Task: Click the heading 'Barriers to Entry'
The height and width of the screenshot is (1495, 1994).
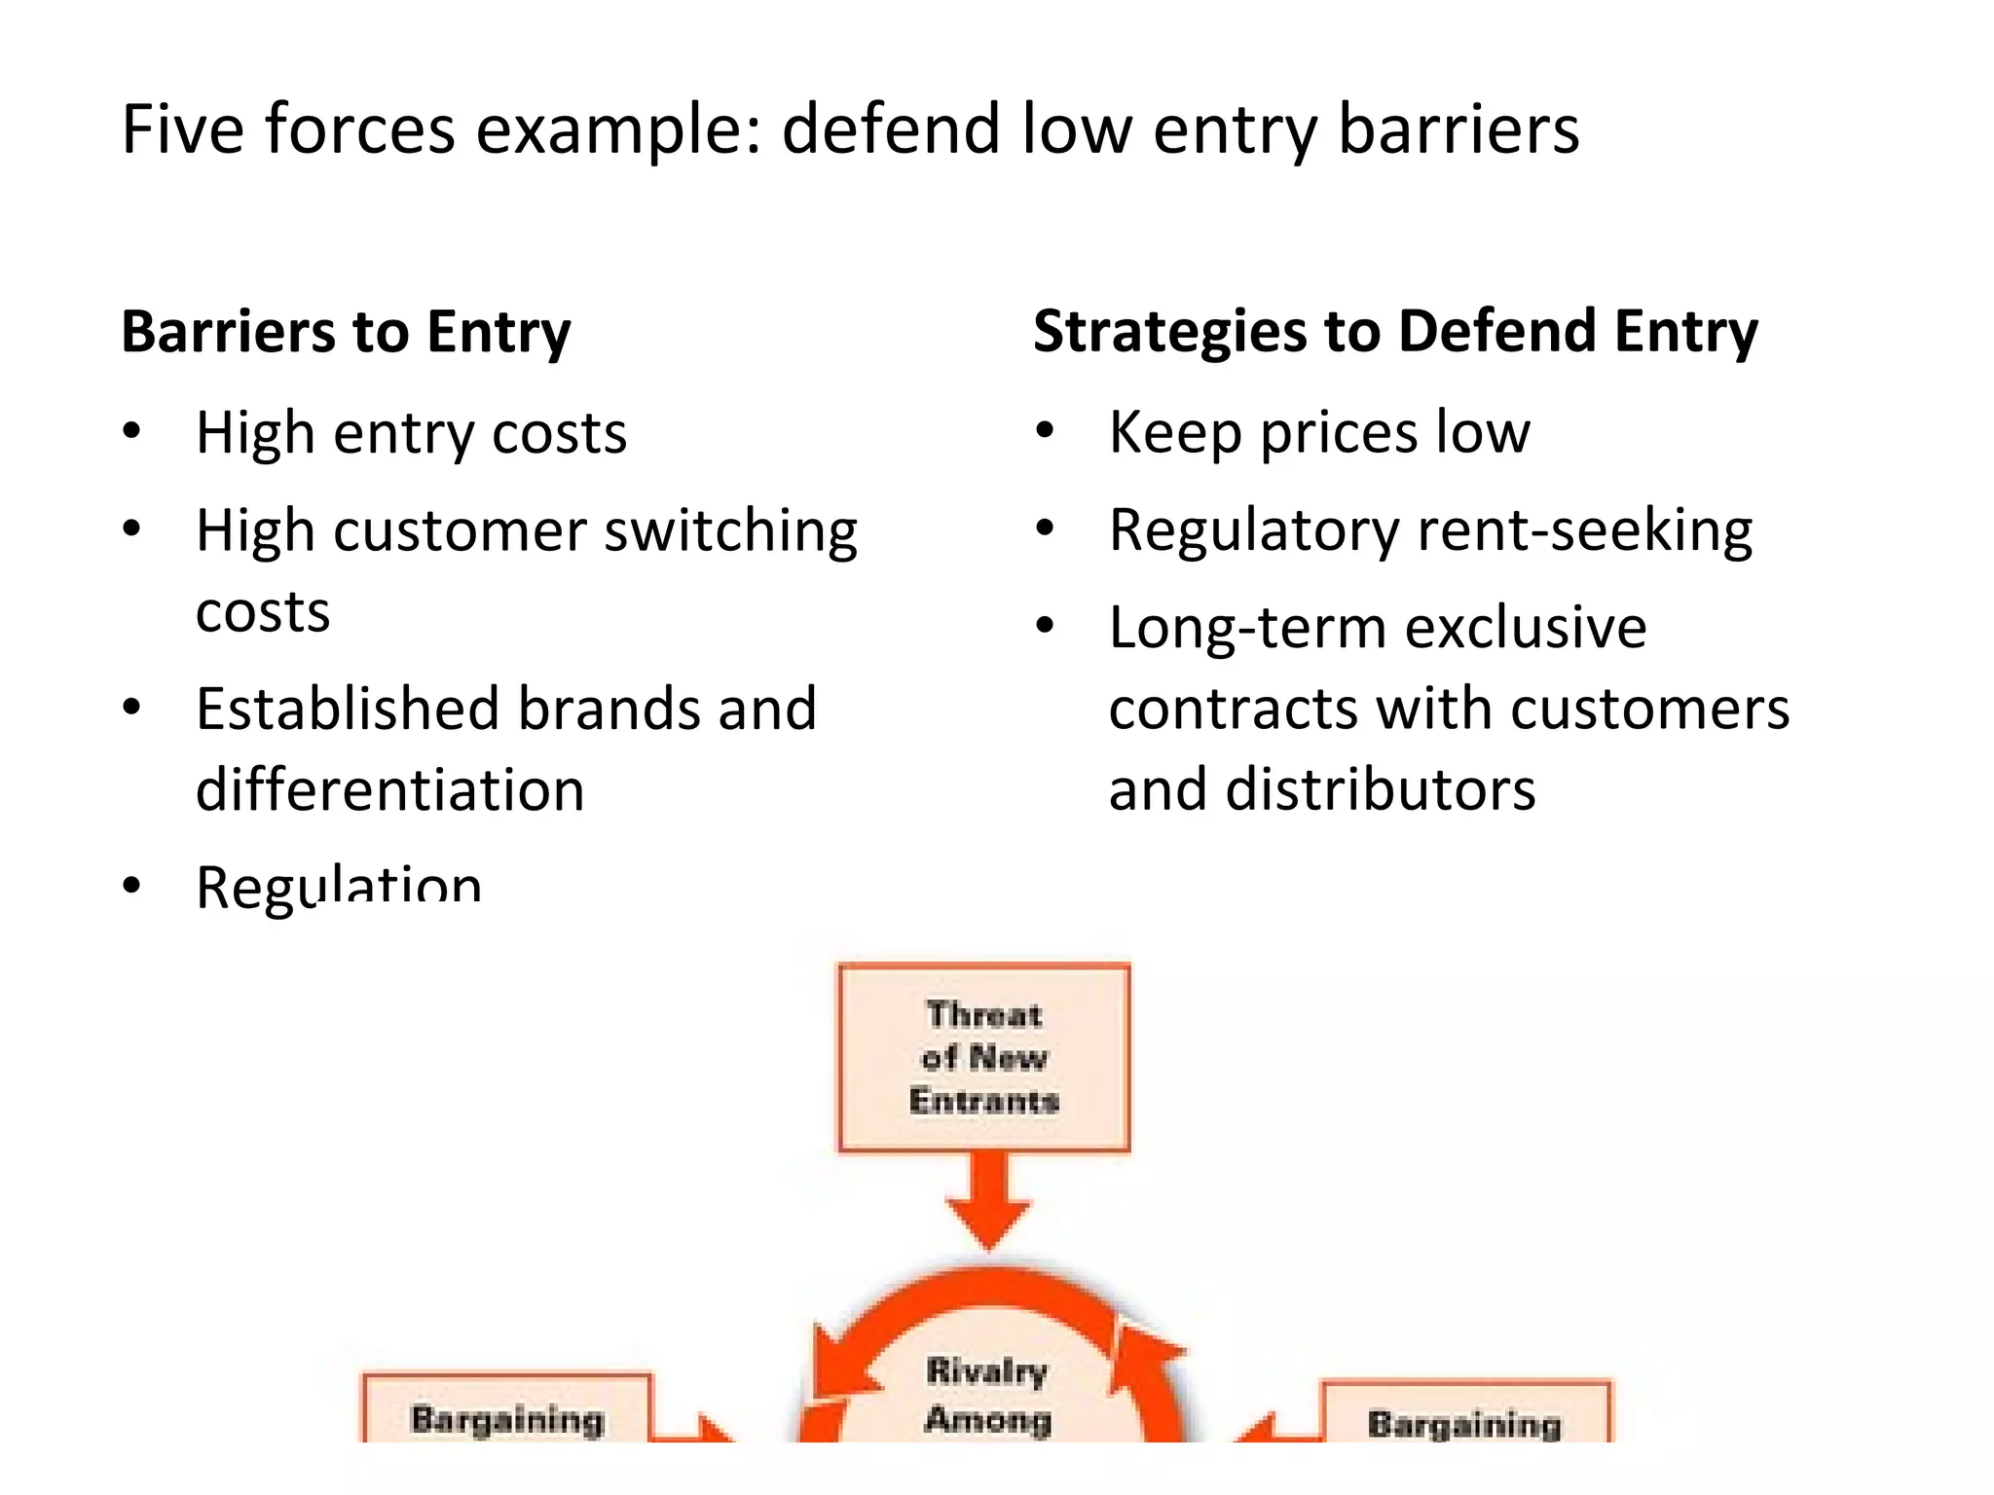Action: click(x=346, y=332)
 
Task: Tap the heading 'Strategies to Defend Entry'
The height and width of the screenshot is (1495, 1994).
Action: click(x=1395, y=332)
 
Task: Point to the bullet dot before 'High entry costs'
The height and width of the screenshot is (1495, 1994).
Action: click(x=132, y=431)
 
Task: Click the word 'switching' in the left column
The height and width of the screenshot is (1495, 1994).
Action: click(x=730, y=532)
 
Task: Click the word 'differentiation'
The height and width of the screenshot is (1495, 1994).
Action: click(x=389, y=789)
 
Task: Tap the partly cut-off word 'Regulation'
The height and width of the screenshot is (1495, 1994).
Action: click(x=339, y=886)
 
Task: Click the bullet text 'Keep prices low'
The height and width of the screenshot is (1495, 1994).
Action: click(x=1319, y=432)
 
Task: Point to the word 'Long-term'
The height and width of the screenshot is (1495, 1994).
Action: click(x=1247, y=628)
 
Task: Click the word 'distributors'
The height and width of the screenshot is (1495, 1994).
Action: click(x=1381, y=789)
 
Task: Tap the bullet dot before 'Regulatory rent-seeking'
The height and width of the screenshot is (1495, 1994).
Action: click(x=1045, y=529)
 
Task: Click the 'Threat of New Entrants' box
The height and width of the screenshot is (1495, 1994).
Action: click(x=983, y=1058)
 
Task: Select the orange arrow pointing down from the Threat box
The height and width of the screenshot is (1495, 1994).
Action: click(x=988, y=1202)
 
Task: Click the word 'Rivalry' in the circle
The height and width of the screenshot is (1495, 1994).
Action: click(x=986, y=1370)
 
